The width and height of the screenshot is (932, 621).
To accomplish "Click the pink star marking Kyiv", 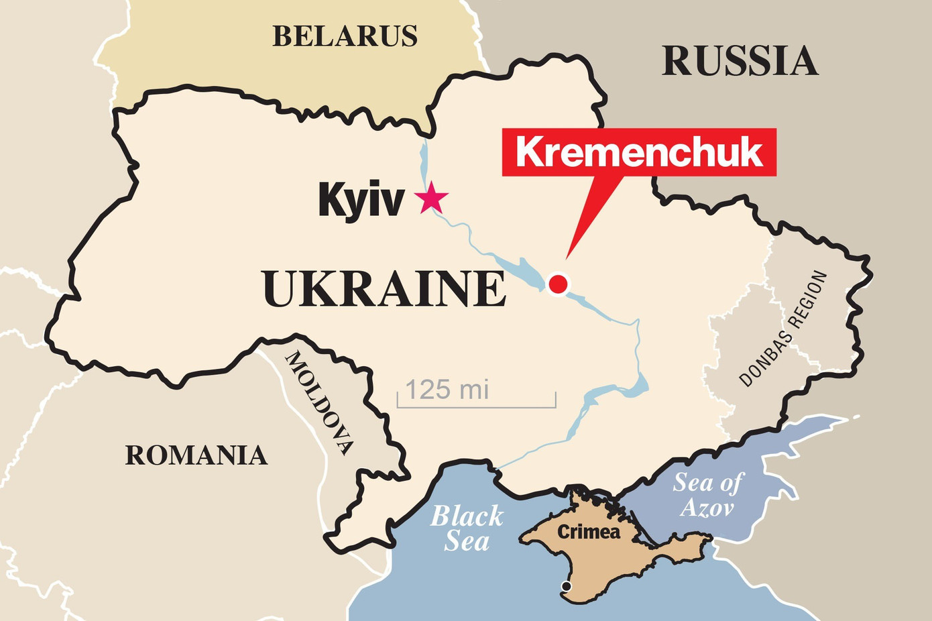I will (430, 198).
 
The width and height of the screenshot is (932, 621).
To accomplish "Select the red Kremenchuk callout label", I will (639, 152).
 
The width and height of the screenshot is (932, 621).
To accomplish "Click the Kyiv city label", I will (361, 199).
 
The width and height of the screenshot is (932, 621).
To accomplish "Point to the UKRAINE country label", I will (384, 289).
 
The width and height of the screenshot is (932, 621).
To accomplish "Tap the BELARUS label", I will (345, 36).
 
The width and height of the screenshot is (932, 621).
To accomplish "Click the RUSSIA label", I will (740, 62).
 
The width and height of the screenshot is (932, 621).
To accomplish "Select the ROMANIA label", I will (196, 455).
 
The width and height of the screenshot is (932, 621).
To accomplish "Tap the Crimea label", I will (589, 532).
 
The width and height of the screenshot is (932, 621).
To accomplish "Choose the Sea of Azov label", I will (708, 495).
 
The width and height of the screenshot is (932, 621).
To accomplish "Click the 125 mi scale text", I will (447, 390).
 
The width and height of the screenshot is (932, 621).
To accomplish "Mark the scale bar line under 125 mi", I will (476, 406).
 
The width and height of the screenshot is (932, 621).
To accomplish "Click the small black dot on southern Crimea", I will (566, 587).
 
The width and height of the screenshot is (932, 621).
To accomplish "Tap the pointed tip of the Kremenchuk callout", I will (567, 258).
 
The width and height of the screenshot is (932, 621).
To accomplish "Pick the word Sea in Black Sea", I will (467, 541).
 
